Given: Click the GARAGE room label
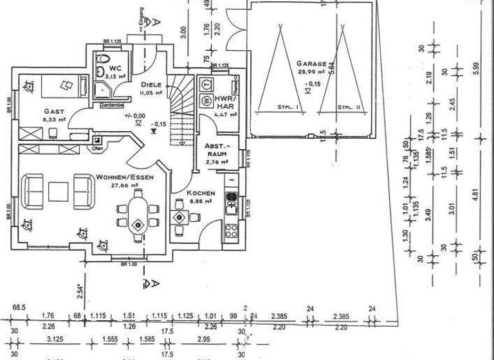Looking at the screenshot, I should [311, 64].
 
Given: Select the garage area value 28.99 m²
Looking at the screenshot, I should [311, 74].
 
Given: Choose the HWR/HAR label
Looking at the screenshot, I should [225, 103].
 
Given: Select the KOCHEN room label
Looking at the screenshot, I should [201, 193].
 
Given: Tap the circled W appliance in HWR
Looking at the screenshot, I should [207, 100].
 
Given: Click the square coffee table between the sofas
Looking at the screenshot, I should [59, 191].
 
